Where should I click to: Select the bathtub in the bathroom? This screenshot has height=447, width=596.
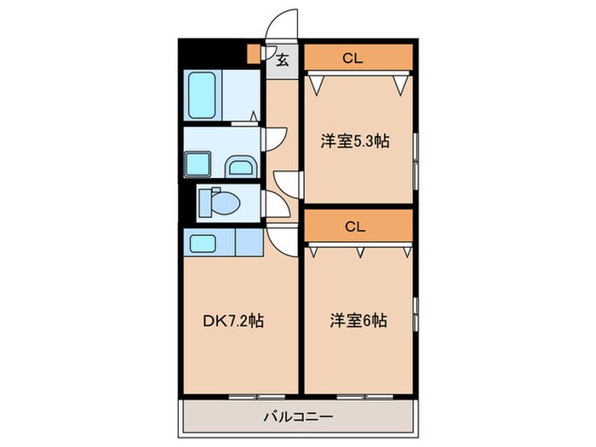point(202,95)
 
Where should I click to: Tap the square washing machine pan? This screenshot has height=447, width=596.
point(200,163)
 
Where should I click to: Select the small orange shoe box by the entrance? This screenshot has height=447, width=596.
point(253,54)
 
